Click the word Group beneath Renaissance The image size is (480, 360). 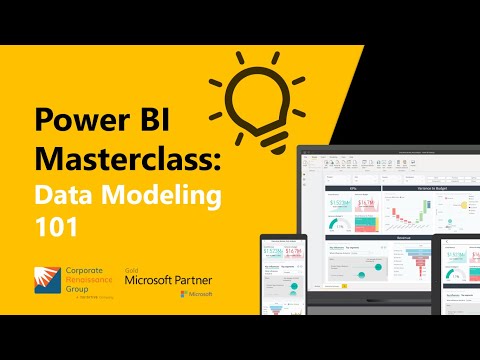click(x=79, y=290)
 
